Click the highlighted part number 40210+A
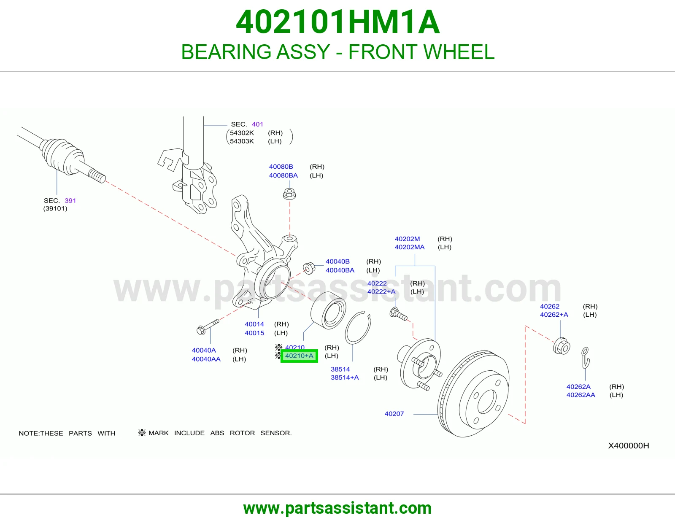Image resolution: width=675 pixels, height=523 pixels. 299,356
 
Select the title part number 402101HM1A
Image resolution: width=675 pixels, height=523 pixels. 337,22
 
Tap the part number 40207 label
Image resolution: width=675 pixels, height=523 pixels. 394,414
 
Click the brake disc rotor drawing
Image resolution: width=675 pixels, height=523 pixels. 473,394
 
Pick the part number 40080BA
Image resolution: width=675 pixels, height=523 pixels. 283,175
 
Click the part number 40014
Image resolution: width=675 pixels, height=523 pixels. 254,324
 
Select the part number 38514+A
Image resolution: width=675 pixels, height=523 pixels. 345,377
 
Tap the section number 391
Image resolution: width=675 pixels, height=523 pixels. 70,201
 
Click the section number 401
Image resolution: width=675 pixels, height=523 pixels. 257,124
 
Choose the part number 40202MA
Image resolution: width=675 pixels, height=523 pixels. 409,247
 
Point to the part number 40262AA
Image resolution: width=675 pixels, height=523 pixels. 581,395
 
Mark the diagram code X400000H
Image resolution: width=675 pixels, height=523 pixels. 629,446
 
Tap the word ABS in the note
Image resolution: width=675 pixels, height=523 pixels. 217,433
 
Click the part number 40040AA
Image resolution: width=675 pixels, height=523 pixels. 206,359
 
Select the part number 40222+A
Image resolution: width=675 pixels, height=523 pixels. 381,291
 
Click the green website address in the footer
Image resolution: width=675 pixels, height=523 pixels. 337,508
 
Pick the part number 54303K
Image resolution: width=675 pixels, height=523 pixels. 242,141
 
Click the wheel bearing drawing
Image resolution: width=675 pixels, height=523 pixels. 328,310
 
